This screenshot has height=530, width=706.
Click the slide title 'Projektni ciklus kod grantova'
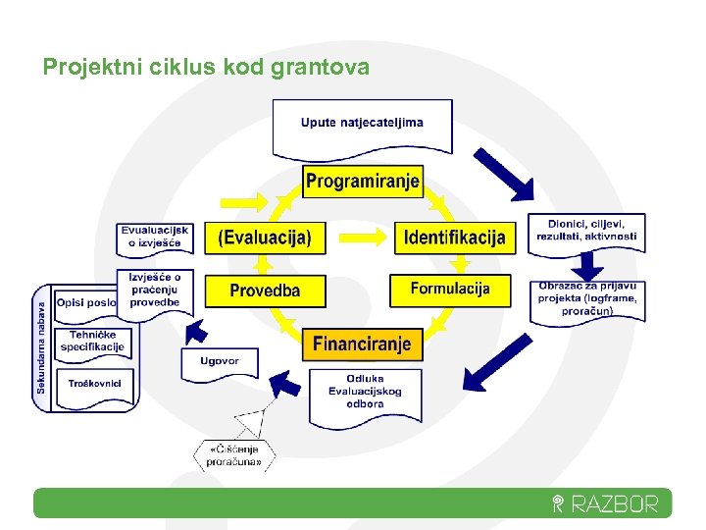(206, 67)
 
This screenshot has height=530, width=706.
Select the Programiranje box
(362, 181)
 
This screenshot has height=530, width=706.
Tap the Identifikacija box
(455, 237)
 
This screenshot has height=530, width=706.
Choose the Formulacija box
(449, 289)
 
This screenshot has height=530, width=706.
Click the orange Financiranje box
(362, 344)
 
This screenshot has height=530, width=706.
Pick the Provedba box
(265, 291)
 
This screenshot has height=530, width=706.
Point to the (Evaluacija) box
(265, 237)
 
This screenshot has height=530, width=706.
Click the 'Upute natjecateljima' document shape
(362, 127)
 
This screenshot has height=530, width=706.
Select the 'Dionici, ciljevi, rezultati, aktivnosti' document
(586, 232)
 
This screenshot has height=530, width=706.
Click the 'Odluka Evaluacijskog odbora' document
(365, 393)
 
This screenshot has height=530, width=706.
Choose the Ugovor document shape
(220, 362)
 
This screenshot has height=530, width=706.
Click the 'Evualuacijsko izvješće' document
(153, 237)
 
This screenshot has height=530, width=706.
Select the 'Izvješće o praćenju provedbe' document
(155, 290)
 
